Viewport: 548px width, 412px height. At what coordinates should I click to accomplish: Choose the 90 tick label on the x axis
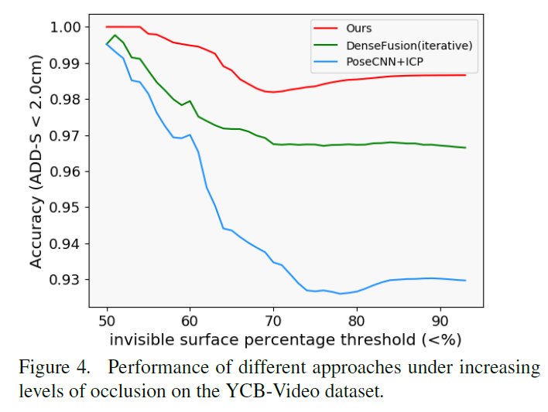[x=440, y=319]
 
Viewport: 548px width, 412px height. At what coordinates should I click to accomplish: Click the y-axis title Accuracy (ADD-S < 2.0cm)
[x=36, y=160]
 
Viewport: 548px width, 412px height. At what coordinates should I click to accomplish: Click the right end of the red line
[x=465, y=75]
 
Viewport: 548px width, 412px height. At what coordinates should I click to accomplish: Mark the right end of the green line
[x=465, y=148]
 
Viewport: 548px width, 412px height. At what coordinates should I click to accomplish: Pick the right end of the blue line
[x=465, y=281]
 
